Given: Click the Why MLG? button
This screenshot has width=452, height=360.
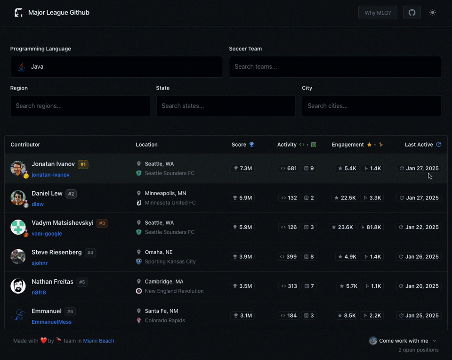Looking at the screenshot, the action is tap(378, 13).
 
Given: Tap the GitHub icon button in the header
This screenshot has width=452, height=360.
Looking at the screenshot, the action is tap(412, 13).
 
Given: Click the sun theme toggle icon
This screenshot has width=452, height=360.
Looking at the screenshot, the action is tap(432, 13).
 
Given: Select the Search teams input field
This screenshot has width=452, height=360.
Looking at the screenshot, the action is tap(335, 66).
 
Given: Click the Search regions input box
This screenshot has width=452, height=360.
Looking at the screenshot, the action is tap(80, 106).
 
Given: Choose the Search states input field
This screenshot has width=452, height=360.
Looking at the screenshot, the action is tap(226, 106).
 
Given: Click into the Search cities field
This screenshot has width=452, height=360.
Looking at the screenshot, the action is tap(371, 106).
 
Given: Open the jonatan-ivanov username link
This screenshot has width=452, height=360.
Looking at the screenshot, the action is tap(50, 175).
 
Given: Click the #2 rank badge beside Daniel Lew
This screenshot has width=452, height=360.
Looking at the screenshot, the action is tap(71, 194).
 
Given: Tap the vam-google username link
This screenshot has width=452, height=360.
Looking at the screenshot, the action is tap(47, 234).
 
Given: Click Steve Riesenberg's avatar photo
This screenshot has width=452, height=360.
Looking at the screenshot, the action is tap(18, 256).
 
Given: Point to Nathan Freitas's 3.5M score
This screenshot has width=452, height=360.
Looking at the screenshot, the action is tap(242, 286).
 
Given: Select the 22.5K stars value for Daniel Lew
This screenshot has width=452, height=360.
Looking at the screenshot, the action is tap(345, 198).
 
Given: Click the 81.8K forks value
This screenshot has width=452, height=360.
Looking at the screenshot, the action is tap(371, 227).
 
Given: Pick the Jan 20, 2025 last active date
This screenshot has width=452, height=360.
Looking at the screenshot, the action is tap(419, 286).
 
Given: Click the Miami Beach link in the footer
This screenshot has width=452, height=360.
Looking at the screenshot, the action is tap(98, 341).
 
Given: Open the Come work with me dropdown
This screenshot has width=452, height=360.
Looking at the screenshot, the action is tap(404, 341).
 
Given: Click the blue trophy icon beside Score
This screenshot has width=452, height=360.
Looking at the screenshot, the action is tap(251, 145).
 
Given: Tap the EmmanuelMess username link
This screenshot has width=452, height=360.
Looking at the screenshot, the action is tap(52, 322).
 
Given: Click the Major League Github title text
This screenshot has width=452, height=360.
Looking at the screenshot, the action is tap(59, 13).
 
